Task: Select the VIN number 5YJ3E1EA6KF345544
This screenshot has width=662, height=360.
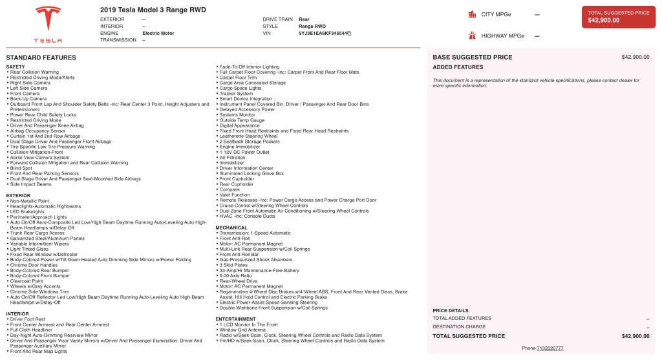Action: (323, 33)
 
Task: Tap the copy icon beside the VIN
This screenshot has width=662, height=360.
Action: (350, 33)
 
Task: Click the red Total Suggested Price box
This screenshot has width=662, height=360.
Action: (618, 17)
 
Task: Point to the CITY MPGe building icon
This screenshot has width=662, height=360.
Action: (473, 14)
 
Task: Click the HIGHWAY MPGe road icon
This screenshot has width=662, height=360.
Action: (473, 36)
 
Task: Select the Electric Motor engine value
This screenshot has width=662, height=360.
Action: (160, 33)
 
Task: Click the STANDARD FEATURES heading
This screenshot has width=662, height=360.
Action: (41, 58)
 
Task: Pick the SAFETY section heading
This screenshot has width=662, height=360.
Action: (16, 67)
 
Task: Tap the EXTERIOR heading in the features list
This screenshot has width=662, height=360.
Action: (18, 195)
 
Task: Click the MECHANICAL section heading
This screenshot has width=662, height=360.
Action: (231, 228)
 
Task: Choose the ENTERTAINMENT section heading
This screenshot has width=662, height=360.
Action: (237, 318)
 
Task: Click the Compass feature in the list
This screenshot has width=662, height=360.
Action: (230, 189)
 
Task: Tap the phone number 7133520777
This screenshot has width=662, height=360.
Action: (550, 348)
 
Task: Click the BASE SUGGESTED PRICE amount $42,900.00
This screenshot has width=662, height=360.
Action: (635, 58)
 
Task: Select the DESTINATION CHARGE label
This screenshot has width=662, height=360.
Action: (459, 327)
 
